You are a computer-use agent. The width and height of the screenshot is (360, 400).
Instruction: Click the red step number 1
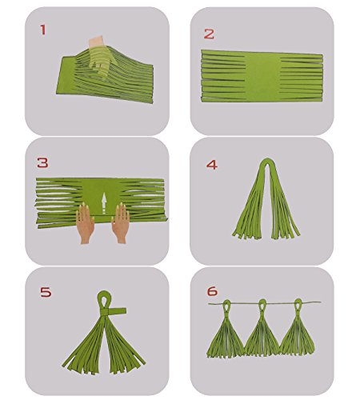[43, 30]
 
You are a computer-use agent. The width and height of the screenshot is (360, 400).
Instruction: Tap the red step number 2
[209, 34]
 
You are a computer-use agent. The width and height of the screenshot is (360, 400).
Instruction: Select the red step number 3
[42, 162]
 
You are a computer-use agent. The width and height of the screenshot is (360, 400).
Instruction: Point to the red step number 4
[212, 165]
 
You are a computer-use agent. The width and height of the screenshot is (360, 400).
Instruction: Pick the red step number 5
[46, 292]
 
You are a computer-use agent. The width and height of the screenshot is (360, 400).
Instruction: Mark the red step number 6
[212, 291]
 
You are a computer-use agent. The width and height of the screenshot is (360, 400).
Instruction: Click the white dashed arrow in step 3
[104, 203]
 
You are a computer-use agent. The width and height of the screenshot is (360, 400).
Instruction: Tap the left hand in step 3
[85, 223]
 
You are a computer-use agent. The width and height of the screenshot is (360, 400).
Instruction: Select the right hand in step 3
[121, 223]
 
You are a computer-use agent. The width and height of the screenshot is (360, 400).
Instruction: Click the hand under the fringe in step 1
[99, 58]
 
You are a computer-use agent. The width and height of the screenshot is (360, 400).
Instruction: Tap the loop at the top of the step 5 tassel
[104, 299]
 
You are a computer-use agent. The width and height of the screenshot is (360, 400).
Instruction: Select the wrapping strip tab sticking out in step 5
[118, 311]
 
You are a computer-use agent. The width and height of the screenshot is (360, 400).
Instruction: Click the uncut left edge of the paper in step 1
[66, 74]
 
